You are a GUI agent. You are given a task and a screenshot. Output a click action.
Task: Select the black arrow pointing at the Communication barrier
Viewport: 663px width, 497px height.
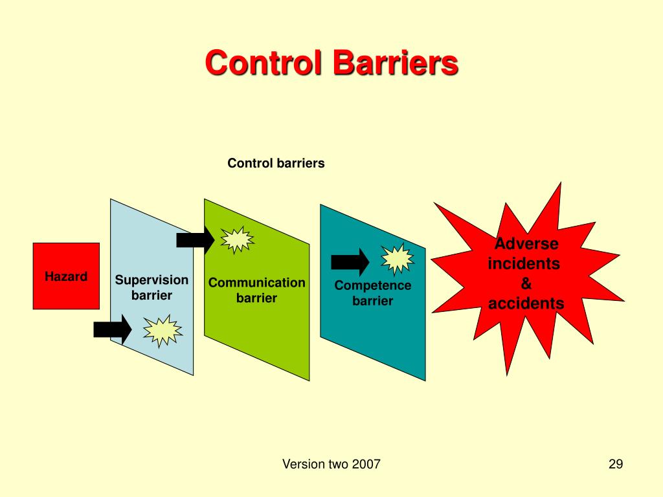click(x=195, y=240)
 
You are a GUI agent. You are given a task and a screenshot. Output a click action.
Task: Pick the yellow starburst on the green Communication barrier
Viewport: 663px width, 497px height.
click(x=237, y=239)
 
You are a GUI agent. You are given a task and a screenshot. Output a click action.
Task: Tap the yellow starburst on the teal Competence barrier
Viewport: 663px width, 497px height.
click(x=397, y=260)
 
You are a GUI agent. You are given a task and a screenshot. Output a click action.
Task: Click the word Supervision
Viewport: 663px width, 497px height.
click(x=152, y=280)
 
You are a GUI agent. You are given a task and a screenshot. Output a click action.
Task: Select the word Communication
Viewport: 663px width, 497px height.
click(x=256, y=283)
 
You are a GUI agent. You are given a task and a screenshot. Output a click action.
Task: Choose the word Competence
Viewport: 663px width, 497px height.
click(x=373, y=285)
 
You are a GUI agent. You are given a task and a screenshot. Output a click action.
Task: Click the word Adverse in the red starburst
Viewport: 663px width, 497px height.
click(x=526, y=244)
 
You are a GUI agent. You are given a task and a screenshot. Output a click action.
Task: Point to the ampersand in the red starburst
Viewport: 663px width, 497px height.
click(x=526, y=283)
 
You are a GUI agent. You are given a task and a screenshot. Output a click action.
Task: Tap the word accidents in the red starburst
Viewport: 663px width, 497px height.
click(x=526, y=303)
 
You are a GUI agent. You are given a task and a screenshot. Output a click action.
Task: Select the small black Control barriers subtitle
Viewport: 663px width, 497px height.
click(x=276, y=164)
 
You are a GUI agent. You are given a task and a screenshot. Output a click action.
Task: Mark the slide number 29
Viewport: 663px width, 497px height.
click(x=615, y=464)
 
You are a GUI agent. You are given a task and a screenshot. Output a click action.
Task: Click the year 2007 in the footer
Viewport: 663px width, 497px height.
click(x=366, y=464)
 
